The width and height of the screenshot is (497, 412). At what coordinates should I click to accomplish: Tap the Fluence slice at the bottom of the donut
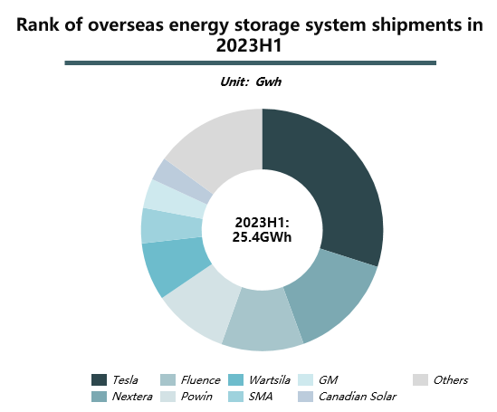point(263,321)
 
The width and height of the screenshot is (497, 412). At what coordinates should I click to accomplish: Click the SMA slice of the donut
point(171,225)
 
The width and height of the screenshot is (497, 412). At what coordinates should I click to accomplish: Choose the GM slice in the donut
point(175,199)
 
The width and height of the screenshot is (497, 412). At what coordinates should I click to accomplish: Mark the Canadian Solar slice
point(184,181)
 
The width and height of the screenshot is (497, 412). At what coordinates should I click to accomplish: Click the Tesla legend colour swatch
point(99,379)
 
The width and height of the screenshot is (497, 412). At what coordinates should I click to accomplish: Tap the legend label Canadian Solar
point(358,397)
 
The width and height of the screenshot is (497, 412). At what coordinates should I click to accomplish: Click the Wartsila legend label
point(270,380)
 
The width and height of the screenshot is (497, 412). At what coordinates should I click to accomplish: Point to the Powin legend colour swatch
point(167,397)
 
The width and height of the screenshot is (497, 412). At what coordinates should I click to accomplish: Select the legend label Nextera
point(132,397)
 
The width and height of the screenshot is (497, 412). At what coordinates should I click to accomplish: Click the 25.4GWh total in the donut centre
point(262,237)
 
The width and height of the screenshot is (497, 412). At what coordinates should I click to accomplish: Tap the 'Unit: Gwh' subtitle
point(251,81)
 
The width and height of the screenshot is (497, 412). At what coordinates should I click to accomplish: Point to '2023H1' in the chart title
point(249,45)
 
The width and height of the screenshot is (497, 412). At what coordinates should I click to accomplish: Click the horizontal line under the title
point(251,63)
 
